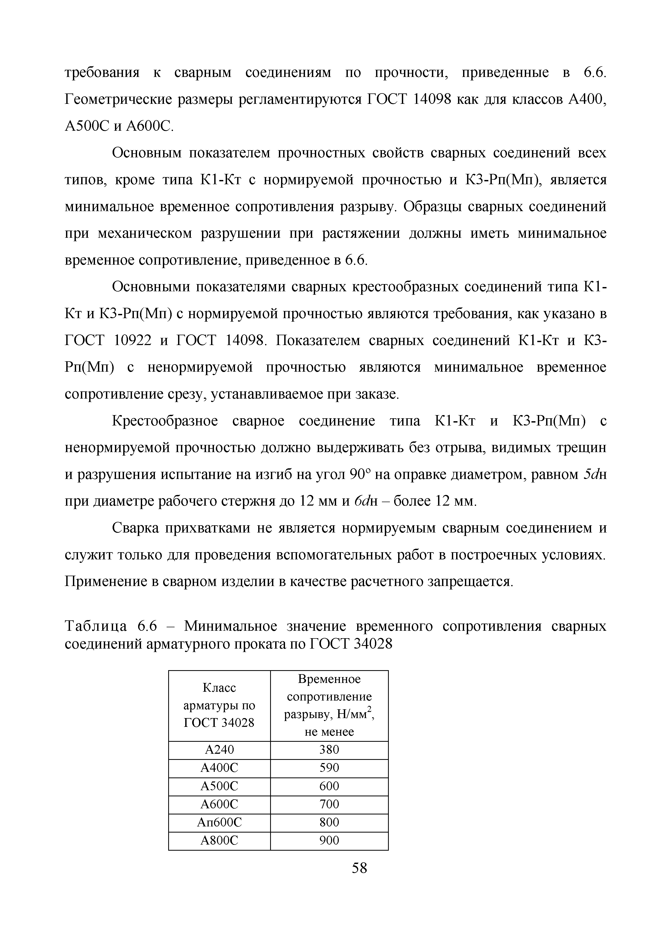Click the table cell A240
pyautogui.click(x=219, y=750)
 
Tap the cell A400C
pyautogui.click(x=219, y=768)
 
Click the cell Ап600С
pyautogui.click(x=219, y=822)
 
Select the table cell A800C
pyautogui.click(x=219, y=841)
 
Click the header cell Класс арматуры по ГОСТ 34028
pyautogui.click(x=219, y=705)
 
